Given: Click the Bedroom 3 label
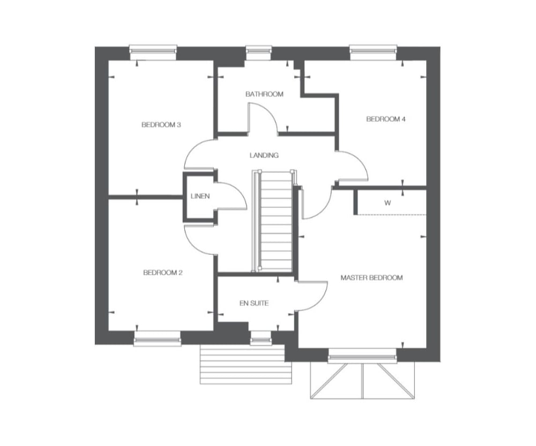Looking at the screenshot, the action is click(x=161, y=125).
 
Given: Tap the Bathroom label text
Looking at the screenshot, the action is click(x=264, y=94).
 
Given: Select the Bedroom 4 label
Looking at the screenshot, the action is click(x=385, y=119).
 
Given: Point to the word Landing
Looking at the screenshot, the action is click(x=264, y=155).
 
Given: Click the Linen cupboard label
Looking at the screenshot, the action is click(x=200, y=196).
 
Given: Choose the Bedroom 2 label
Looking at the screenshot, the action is click(x=163, y=273).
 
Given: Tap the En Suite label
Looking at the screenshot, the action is click(x=254, y=303).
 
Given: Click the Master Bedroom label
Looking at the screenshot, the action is click(x=371, y=278).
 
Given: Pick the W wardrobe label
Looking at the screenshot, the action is click(x=388, y=203).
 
